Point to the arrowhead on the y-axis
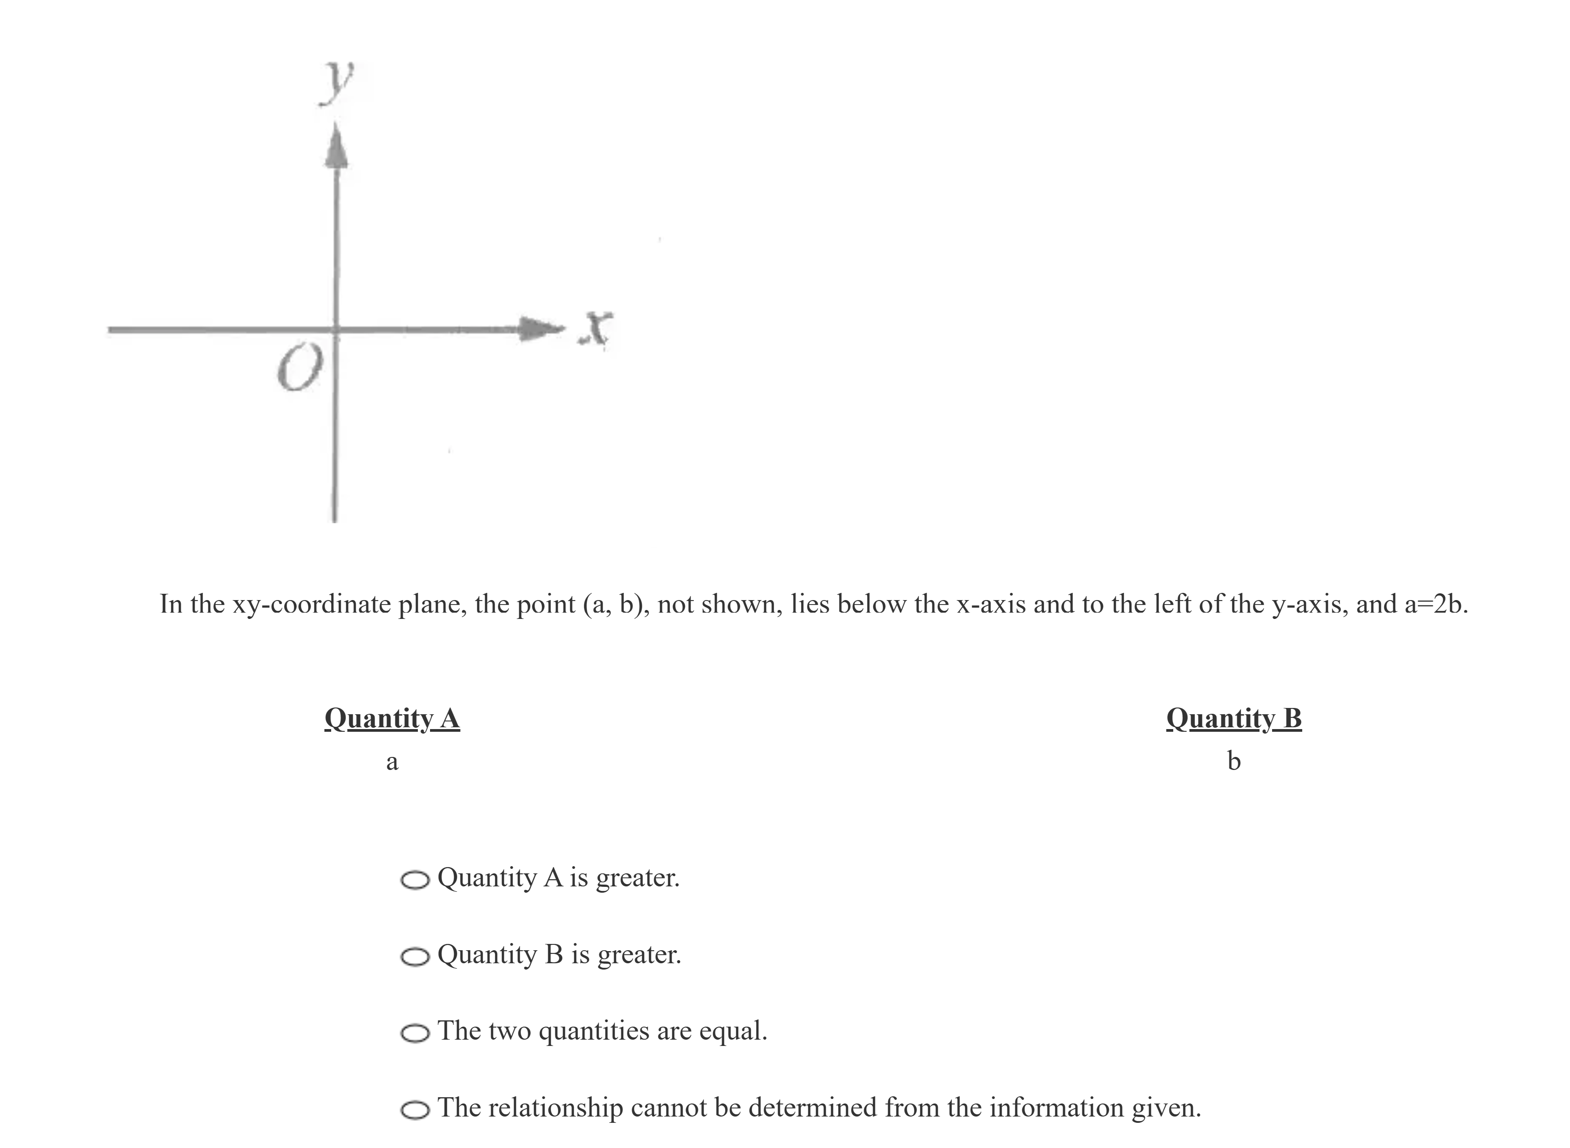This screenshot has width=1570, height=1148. tap(336, 146)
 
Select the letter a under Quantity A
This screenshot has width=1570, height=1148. tap(392, 761)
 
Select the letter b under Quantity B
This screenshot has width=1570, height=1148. tap(1234, 760)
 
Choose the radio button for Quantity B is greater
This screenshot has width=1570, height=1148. tap(415, 957)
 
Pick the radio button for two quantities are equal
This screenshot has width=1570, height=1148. tap(415, 1033)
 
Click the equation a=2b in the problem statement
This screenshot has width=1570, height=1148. tap(1435, 604)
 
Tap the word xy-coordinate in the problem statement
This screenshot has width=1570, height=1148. tap(314, 604)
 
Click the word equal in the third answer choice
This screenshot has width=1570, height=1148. tap(733, 1031)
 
